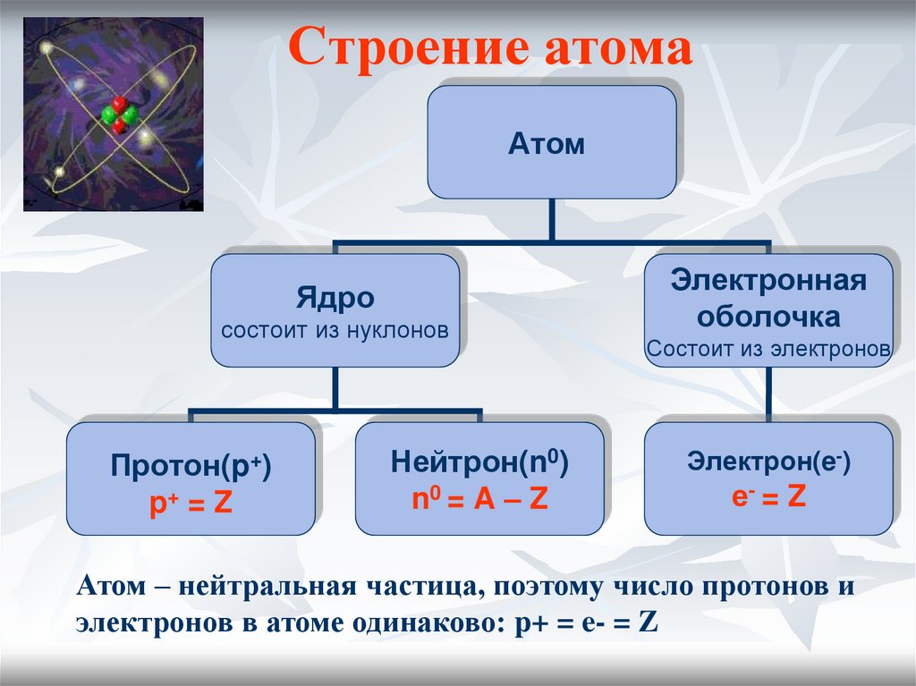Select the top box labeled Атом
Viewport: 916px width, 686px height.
tap(551, 141)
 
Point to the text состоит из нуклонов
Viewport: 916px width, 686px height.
tap(335, 329)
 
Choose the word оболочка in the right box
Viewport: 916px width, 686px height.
tap(768, 316)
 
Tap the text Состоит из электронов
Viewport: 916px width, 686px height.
tap(768, 348)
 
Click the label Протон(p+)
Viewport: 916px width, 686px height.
tap(191, 466)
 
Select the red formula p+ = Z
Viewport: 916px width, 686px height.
tap(191, 502)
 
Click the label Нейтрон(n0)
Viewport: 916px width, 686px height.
tap(479, 463)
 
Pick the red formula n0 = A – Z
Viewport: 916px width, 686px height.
tap(479, 500)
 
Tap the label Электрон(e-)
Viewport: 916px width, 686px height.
tap(768, 462)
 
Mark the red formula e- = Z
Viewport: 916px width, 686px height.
tap(768, 496)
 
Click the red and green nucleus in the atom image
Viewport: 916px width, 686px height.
tap(119, 114)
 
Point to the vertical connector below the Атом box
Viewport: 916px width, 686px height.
tap(552, 219)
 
